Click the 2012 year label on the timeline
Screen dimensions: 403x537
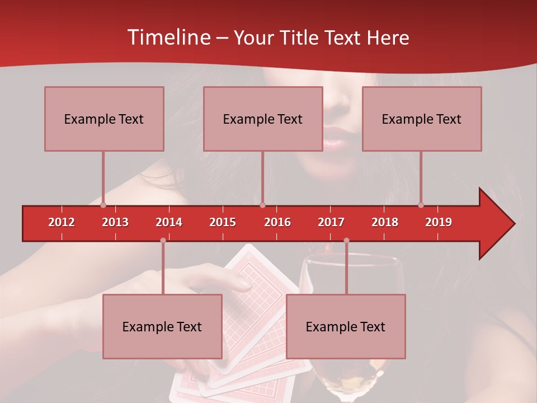[x=62, y=222]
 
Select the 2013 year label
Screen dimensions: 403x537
[x=115, y=222]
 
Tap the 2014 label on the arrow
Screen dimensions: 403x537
[x=169, y=222]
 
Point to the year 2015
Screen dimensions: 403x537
[x=223, y=222]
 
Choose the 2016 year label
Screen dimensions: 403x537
[x=277, y=222]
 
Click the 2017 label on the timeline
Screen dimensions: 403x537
[x=331, y=222]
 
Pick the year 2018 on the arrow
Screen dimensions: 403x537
[x=385, y=222]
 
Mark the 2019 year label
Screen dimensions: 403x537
[x=439, y=222]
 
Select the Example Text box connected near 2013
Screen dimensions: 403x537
[x=104, y=119]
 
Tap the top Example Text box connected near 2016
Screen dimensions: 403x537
[x=263, y=119]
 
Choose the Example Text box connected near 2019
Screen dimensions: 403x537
[x=422, y=119]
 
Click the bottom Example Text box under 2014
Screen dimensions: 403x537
[x=162, y=326]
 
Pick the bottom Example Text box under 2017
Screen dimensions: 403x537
[x=346, y=326]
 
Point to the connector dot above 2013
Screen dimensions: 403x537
[x=103, y=205]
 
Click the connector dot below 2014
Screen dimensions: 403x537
[x=163, y=241]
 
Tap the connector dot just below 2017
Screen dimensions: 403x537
[x=346, y=241]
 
